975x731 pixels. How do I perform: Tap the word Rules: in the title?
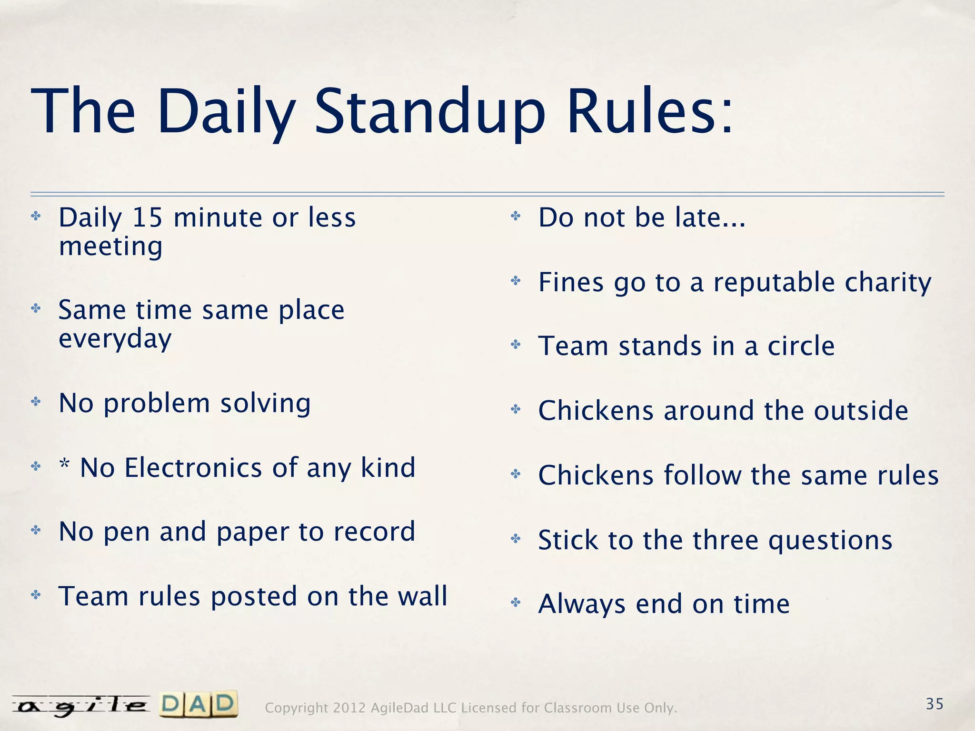pyautogui.click(x=650, y=112)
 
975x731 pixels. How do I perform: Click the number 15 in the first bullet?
pyautogui.click(x=148, y=217)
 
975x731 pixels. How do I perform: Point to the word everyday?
pyautogui.click(x=115, y=339)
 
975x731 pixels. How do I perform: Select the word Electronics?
pyautogui.click(x=193, y=468)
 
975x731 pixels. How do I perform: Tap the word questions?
pyautogui.click(x=830, y=541)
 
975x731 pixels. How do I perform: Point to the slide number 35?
pyautogui.click(x=935, y=704)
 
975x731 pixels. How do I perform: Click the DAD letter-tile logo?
pyautogui.click(x=199, y=704)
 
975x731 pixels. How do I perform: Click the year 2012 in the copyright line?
pyautogui.click(x=349, y=708)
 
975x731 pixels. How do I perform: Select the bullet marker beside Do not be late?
pyautogui.click(x=516, y=217)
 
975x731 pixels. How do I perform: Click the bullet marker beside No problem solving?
pyautogui.click(x=36, y=402)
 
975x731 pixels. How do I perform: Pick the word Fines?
pyautogui.click(x=571, y=282)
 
